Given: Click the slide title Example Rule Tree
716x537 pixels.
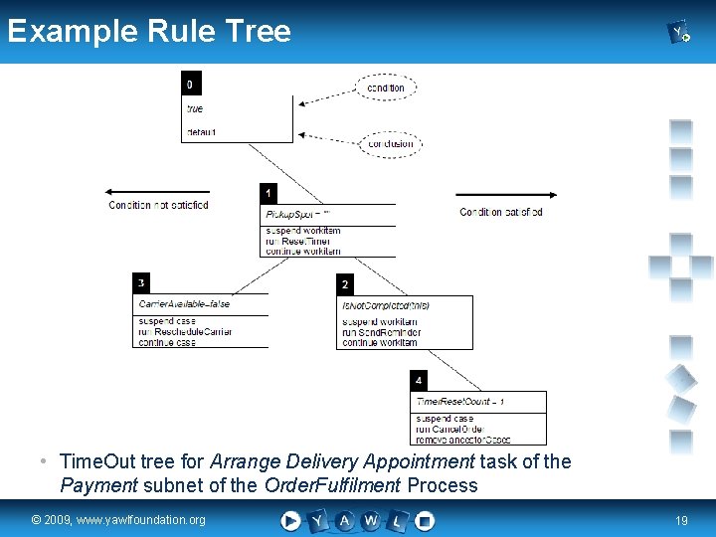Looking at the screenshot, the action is pyautogui.click(x=149, y=31).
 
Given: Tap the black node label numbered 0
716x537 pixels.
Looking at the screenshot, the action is pyautogui.click(x=190, y=85).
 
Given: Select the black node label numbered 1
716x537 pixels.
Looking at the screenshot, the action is pyautogui.click(x=268, y=193).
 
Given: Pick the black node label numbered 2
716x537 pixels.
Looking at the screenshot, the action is pyautogui.click(x=345, y=284).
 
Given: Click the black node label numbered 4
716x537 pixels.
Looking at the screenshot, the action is pyautogui.click(x=419, y=380).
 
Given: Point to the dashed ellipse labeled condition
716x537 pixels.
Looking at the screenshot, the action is pyautogui.click(x=386, y=88).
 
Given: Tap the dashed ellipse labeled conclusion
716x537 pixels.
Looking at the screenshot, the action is pyautogui.click(x=391, y=143).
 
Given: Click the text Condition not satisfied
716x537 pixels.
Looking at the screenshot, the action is pyautogui.click(x=159, y=206).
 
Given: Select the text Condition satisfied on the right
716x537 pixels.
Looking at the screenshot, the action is pyautogui.click(x=501, y=212).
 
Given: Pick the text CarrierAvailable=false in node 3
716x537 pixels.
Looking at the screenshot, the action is pyautogui.click(x=184, y=304).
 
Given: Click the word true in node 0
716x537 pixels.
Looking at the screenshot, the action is pyautogui.click(x=195, y=109).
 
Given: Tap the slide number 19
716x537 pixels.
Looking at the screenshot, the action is pyautogui.click(x=681, y=520).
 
